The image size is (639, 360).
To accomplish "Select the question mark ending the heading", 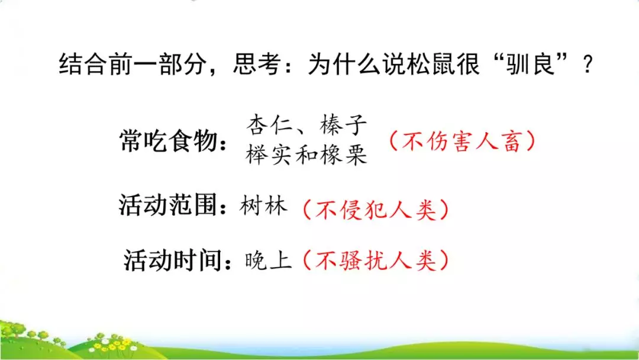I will point(588,65).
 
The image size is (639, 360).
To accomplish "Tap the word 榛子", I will point(343,126).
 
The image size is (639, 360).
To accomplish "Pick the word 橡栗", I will point(344,155).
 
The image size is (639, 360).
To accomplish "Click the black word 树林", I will point(264,205).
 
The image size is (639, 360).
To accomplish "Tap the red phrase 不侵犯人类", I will point(375,209).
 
